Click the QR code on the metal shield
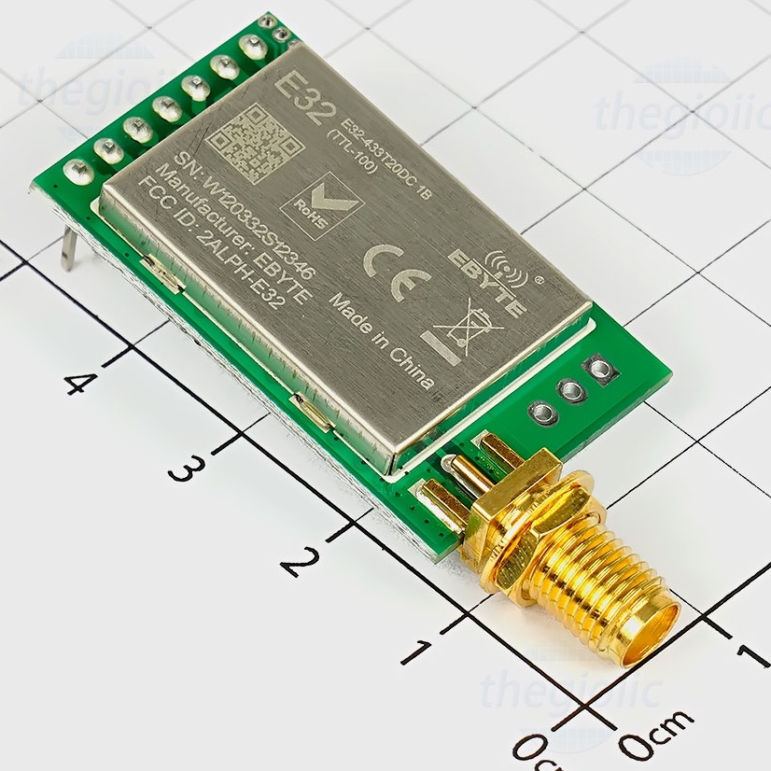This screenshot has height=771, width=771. coord(254,140)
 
